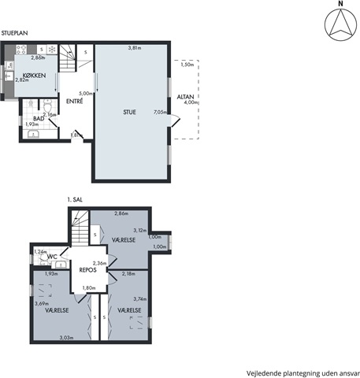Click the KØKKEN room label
tap(34, 76)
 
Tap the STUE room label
tap(129, 112)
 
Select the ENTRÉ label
tap(75, 101)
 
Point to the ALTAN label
tap(185, 97)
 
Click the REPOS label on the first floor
tap(88, 270)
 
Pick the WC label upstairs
tap(52, 257)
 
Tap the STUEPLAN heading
tap(14, 33)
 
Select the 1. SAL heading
tap(75, 199)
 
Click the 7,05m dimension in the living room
tap(160, 112)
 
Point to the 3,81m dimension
tap(135, 48)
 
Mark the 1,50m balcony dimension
tap(187, 65)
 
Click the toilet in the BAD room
tap(47, 106)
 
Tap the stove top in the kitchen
tap(21, 50)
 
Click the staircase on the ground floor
tap(68, 58)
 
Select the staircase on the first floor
tap(80, 228)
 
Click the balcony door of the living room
tap(175, 121)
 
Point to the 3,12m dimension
tap(140, 231)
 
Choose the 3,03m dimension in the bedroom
tap(66, 338)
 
